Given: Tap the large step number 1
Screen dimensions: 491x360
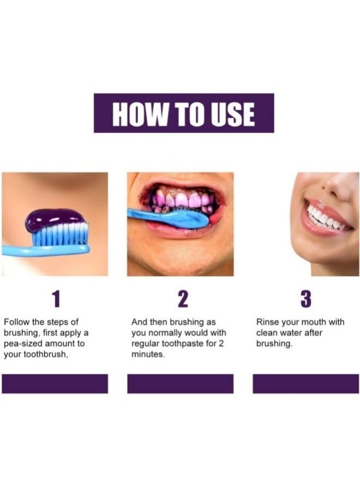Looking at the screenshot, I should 55,298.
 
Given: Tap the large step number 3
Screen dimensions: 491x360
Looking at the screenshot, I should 306,298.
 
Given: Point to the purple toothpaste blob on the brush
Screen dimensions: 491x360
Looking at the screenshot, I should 54,219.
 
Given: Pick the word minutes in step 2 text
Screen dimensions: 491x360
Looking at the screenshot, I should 148,354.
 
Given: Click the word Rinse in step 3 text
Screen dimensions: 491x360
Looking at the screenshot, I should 267,322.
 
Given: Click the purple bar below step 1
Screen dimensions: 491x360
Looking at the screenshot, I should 55,384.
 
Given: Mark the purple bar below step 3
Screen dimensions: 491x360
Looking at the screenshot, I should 305,384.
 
